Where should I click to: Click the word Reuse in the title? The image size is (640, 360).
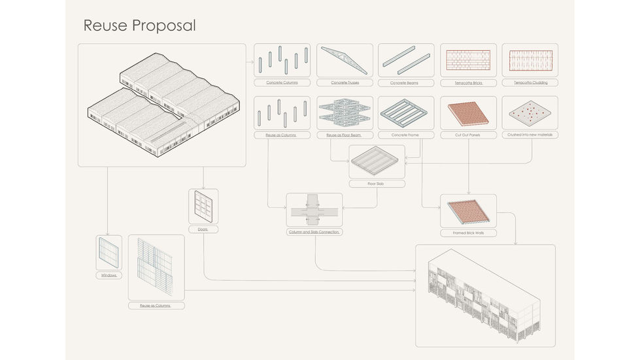105,25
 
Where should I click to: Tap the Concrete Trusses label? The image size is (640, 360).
345,83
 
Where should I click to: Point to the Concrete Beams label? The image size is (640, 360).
406,83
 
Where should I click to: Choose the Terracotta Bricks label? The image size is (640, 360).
468,83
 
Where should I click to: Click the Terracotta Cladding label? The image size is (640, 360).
530,83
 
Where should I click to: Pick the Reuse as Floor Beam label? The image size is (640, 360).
345,135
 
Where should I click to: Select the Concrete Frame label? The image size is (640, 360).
406,135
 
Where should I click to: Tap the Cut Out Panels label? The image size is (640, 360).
468,135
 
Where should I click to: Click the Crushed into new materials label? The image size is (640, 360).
530,135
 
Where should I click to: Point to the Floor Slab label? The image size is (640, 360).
377,184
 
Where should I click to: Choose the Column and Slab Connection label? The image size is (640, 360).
314,232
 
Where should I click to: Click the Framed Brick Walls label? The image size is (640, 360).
468,233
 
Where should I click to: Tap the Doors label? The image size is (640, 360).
203,229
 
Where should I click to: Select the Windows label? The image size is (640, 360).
109,275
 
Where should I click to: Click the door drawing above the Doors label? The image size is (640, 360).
203,206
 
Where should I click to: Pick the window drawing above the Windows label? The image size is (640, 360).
109,252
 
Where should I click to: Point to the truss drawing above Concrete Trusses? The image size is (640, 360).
345,61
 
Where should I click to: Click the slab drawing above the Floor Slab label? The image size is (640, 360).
377,161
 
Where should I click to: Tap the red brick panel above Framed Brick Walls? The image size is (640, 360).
468,210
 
